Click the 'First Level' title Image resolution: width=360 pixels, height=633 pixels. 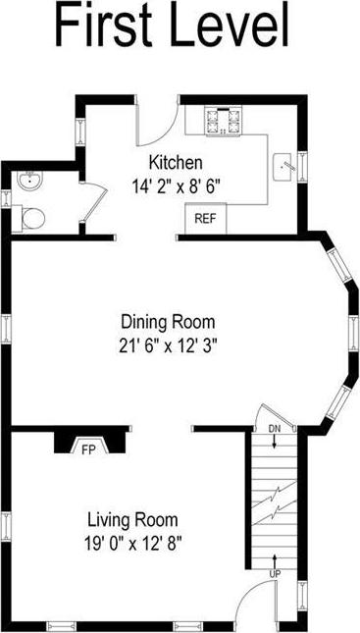(x=172, y=26)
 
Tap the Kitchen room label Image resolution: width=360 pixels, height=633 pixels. (x=176, y=162)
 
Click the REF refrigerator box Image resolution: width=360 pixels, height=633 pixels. (x=205, y=218)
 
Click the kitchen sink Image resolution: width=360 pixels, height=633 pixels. (x=285, y=165)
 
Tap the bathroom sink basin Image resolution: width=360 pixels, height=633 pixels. (x=27, y=181)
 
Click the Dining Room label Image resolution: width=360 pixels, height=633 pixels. (x=167, y=322)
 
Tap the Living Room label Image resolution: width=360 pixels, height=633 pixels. (x=131, y=519)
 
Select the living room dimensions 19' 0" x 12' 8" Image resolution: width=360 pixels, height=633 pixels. (x=131, y=541)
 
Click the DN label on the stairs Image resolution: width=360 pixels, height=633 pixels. (x=274, y=429)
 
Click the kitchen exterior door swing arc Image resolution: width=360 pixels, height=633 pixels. (x=157, y=122)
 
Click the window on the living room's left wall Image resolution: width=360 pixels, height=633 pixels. (x=9, y=529)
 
